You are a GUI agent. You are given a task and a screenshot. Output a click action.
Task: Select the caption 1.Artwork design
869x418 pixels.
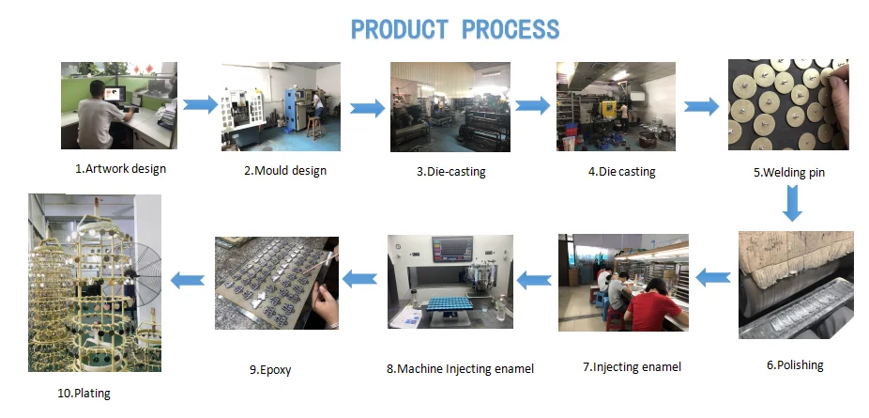pos(121,169)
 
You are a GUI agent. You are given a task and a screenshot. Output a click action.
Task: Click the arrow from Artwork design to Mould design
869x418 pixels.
pos(200,104)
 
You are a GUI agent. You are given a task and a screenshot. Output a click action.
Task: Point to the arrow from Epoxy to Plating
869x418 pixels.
pos(188,279)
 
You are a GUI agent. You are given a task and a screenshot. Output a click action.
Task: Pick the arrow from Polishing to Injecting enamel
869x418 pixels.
pos(713,277)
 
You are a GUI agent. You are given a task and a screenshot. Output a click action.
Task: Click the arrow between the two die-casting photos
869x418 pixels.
pos(531,104)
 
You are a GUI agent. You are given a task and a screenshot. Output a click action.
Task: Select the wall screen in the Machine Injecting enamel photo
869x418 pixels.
pos(452,249)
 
